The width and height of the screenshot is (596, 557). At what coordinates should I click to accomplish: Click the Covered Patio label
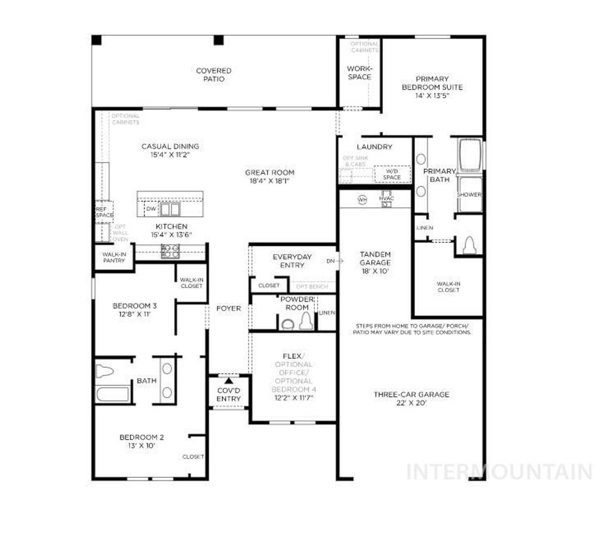click(x=213, y=75)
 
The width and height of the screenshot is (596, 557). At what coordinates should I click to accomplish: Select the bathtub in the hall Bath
click(x=113, y=394)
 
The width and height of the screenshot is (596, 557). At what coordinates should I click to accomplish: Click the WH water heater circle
click(x=363, y=200)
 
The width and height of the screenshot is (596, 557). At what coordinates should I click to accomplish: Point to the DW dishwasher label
click(x=151, y=209)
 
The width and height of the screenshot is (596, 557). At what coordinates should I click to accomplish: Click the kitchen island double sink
click(x=171, y=209)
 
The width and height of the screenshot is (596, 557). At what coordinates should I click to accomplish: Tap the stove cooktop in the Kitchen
click(x=170, y=251)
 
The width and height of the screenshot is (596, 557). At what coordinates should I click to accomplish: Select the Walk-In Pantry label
click(x=113, y=257)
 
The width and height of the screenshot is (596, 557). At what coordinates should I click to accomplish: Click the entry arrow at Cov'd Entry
click(x=228, y=381)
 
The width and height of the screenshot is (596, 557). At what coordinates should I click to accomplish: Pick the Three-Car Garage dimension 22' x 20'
click(x=411, y=403)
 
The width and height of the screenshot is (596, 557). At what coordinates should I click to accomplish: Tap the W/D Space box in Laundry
click(x=392, y=174)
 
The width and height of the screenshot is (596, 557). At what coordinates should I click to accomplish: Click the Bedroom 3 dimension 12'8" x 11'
click(x=134, y=314)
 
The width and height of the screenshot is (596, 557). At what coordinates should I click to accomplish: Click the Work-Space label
click(x=359, y=73)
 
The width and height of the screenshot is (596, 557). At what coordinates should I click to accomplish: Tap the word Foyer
click(x=228, y=308)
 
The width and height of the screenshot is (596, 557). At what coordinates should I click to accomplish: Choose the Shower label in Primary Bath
click(x=469, y=195)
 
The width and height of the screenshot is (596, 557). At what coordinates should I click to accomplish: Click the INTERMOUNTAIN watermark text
click(x=499, y=471)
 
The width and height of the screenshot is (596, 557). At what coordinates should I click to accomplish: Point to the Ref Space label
click(x=105, y=211)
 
